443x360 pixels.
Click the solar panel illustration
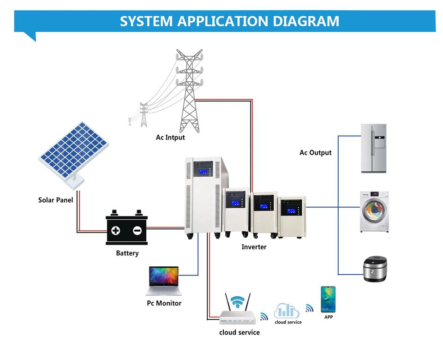74,150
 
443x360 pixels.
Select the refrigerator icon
373,148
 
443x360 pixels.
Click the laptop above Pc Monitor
163,281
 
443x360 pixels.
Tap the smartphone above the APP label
328,299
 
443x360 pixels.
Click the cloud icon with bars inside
287,310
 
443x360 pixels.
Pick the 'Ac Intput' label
170,138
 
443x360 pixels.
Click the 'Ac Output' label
316,153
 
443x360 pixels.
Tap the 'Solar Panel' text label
55,200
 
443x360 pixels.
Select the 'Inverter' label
254,247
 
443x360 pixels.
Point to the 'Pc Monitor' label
164,303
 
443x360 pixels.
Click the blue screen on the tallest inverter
203,173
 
